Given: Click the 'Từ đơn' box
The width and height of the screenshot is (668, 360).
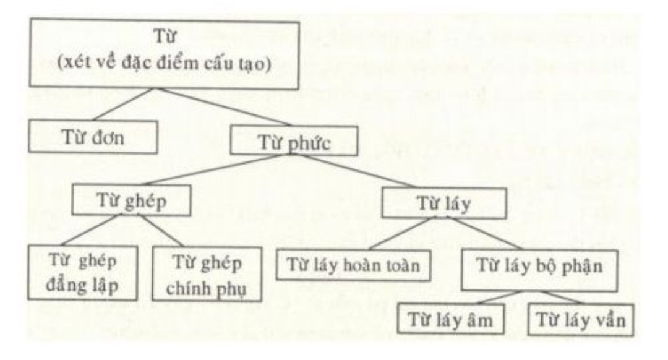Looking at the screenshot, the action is coord(93,137).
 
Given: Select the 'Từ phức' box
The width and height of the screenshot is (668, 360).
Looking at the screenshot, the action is coord(294,141).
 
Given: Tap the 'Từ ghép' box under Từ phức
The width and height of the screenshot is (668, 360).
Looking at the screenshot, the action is coord(131,200).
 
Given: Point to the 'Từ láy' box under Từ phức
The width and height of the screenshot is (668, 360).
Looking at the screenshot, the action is coord(444,203).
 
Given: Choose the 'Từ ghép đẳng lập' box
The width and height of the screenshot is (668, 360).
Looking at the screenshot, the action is coord(83,273).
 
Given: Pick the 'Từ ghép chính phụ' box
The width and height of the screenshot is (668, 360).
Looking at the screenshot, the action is coord(207,274).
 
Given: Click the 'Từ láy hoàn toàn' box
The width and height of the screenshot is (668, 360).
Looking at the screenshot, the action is coord(353,265).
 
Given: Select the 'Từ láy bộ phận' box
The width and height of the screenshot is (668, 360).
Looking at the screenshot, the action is coord(539,270).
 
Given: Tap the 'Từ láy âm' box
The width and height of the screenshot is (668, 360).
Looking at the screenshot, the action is coord(450,319).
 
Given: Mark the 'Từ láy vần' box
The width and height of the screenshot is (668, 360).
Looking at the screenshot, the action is coord(581,320).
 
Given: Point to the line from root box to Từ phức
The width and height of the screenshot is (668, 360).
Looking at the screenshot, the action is coord(225,108).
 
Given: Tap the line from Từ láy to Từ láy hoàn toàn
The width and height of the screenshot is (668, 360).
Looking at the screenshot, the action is coord(400,233).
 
